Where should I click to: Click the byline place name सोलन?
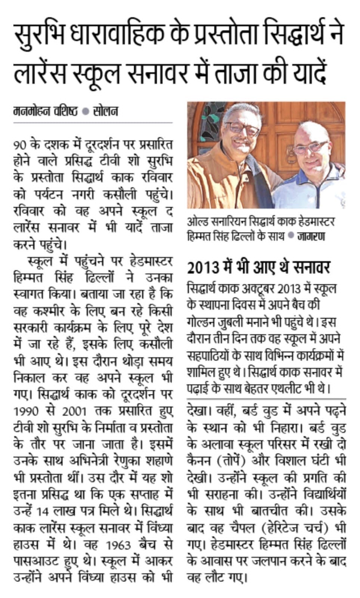coord(106,111)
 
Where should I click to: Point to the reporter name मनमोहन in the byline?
coord(30,111)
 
